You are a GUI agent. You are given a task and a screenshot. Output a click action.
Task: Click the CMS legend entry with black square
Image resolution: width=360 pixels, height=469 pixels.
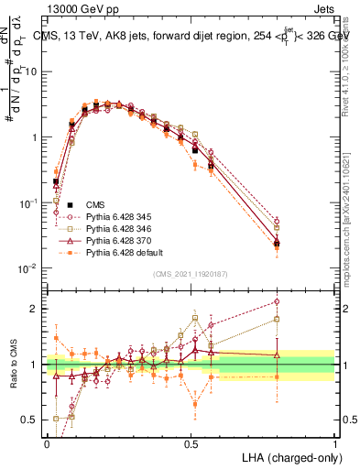pyautogui.click(x=95, y=204)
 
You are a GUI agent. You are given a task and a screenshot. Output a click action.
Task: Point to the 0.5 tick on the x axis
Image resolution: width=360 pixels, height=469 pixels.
pyautogui.click(x=191, y=442)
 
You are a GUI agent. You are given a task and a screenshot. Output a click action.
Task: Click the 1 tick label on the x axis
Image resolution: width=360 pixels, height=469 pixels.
pyautogui.click(x=335, y=442)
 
